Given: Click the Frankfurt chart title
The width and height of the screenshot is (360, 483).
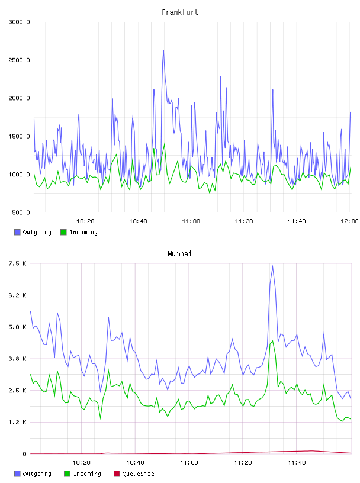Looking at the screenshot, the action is tap(180, 12).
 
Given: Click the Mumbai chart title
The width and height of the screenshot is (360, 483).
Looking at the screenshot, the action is tap(179, 254).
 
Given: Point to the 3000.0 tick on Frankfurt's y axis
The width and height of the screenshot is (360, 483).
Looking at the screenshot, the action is tap(19, 22).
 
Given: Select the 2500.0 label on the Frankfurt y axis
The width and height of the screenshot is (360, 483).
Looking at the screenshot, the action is tap(19, 60).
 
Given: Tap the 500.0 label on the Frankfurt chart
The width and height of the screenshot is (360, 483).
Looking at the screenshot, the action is tap(21, 212).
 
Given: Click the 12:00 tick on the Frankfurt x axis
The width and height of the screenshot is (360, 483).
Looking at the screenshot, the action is tap(349, 221).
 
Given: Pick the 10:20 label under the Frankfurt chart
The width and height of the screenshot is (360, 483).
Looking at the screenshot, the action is tap(85, 221).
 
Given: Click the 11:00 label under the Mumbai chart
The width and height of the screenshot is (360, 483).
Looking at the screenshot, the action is tap(189, 463).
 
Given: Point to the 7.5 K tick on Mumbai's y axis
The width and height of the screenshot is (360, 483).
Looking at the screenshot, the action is tap(18, 263).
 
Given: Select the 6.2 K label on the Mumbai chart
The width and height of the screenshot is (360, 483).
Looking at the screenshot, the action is tap(18, 295).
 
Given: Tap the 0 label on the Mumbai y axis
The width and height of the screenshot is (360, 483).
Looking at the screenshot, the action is tap(25, 454).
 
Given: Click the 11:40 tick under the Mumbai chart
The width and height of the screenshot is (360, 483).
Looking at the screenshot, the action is tap(297, 463).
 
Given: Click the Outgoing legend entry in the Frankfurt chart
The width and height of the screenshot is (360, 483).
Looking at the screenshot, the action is tap(33, 232).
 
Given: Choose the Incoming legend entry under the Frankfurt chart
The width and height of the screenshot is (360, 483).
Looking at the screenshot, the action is tap(79, 232).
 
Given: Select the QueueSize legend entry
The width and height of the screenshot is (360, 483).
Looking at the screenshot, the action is tap(134, 474).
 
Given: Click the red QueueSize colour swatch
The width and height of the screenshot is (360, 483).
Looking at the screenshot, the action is tap(117, 474).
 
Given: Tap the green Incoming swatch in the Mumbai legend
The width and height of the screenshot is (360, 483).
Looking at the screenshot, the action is tap(67, 474).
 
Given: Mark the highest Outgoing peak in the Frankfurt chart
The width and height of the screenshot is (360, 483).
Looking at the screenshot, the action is tap(163, 50).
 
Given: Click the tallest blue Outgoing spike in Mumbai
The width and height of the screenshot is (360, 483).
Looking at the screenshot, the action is tap(272, 266).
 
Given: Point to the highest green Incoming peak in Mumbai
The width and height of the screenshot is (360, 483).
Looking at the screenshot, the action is tap(272, 341).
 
